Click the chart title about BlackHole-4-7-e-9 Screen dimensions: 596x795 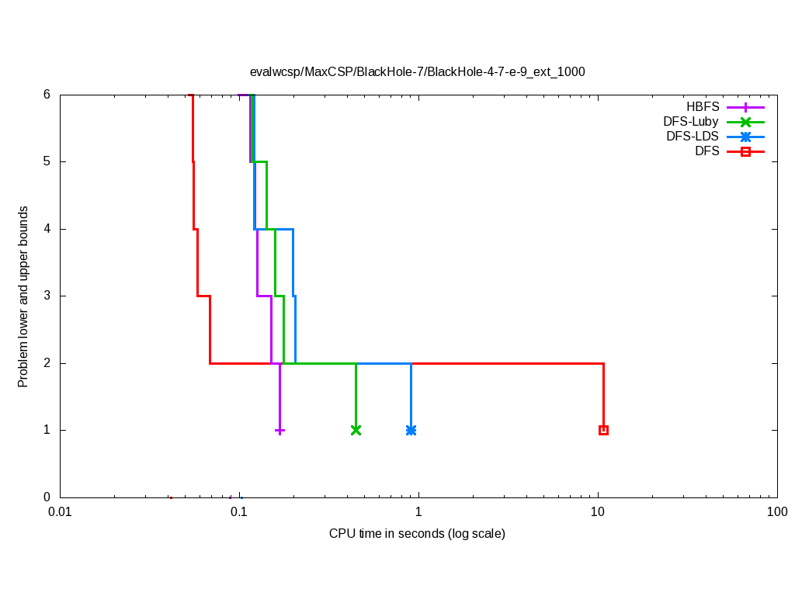click(417, 71)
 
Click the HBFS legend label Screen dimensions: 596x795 click(702, 107)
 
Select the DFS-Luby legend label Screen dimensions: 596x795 click(690, 122)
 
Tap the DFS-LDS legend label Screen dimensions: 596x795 click(692, 137)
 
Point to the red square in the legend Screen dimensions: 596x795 click(745, 151)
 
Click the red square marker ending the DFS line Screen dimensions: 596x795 click(603, 430)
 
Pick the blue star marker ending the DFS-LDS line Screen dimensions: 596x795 click(411, 430)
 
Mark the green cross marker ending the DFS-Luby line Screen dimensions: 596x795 click(356, 430)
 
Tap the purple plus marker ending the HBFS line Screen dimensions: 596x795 click(279, 430)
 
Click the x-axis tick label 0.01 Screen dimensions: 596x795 click(60, 512)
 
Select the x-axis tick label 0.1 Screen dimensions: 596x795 click(239, 512)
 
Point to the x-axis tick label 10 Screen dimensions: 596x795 click(598, 512)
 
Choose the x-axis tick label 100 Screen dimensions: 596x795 click(777, 512)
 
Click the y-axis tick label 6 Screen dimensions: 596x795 click(47, 95)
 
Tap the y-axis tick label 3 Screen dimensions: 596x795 click(47, 296)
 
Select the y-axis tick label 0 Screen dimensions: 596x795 click(47, 497)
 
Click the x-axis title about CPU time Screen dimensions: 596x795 click(417, 534)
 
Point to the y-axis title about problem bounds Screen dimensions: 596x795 click(23, 296)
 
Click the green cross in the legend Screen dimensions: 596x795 click(745, 122)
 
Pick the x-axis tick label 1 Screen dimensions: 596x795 click(418, 512)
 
